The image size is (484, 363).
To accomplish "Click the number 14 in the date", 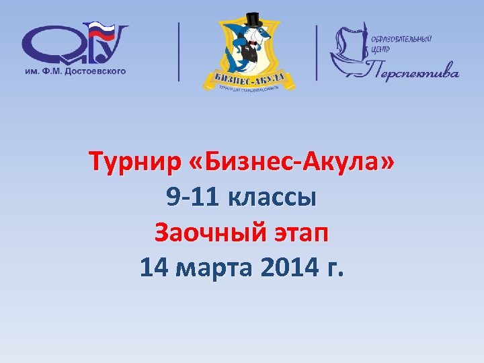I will (x=153, y=268).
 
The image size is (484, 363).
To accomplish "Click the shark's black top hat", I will (x=253, y=20).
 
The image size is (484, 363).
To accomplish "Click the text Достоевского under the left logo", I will (x=94, y=70).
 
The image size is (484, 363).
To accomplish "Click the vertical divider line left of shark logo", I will (x=179, y=52).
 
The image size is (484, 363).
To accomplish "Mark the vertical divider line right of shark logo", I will (x=317, y=52).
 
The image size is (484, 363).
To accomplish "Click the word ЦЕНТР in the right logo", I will (x=380, y=49).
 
